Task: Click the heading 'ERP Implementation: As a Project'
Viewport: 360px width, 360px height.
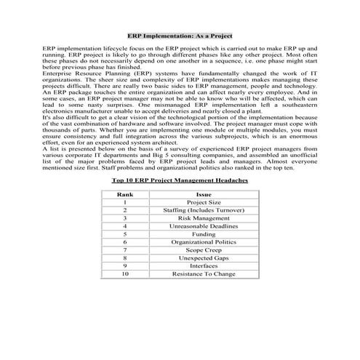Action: point(180,34)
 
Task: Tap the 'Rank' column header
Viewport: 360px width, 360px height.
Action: point(124,195)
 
